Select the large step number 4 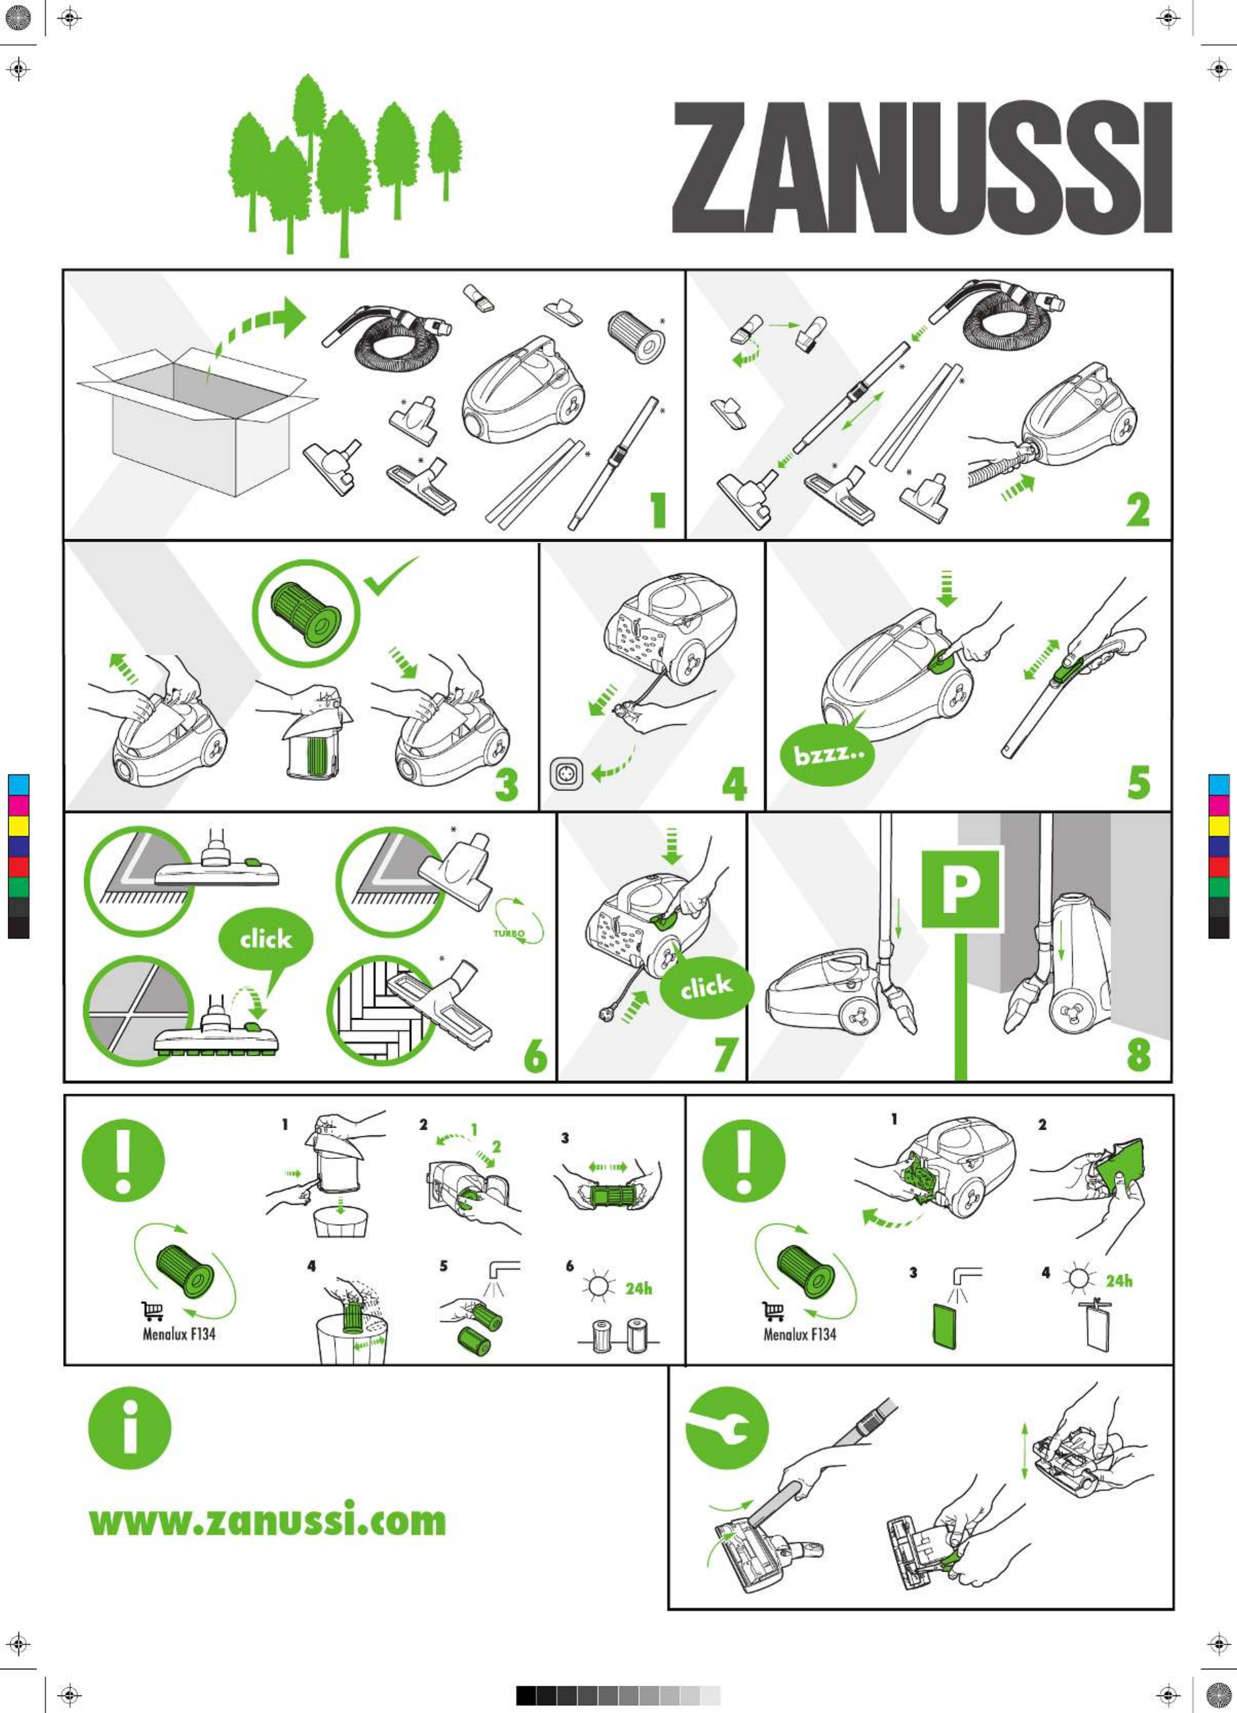734,784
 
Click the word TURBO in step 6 509,934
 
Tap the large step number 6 535,1055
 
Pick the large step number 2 1138,510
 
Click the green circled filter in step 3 306,612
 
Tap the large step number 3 507,784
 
